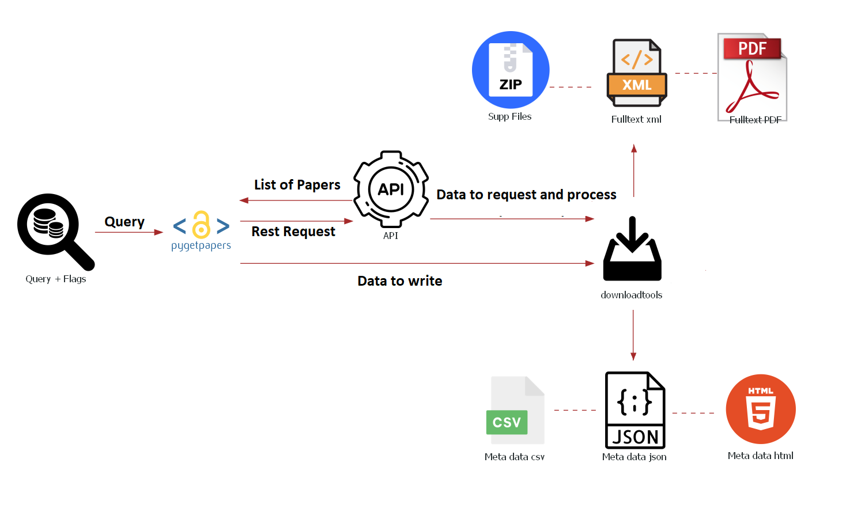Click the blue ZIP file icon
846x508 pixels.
(x=511, y=70)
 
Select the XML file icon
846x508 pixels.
(x=637, y=73)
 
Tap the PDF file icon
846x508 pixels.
(x=752, y=76)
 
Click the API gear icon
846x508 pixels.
(x=391, y=189)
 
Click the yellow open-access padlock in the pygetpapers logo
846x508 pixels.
(x=201, y=225)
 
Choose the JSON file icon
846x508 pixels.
(x=635, y=410)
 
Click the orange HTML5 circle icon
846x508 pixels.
(x=761, y=409)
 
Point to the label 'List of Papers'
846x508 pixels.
(x=297, y=185)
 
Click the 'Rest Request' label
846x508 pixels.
(x=293, y=232)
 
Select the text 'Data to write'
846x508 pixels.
(x=400, y=281)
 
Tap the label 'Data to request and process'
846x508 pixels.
(x=526, y=195)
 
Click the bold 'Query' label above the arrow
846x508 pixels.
(x=124, y=222)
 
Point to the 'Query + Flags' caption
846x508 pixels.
(x=56, y=279)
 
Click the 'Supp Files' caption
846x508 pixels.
(x=509, y=116)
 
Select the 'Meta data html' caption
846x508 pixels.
(x=760, y=456)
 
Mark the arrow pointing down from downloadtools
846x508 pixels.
(x=633, y=334)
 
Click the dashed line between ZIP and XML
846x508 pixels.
(x=571, y=87)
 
